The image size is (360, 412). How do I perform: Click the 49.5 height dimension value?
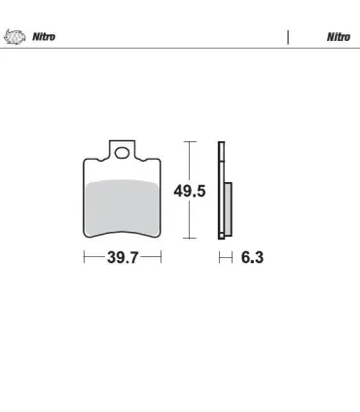tap(190, 191)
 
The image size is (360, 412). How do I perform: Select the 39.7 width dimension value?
tap(123, 258)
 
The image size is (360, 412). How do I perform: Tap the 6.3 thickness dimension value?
tap(252, 258)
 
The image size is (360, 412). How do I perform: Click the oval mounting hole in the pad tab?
tap(122, 153)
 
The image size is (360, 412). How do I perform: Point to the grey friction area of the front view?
tap(122, 207)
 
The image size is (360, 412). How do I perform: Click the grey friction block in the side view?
tap(228, 209)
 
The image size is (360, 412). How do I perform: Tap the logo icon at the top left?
tap(15, 36)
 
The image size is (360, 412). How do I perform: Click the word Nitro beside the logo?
tap(44, 37)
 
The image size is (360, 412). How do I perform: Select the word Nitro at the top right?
tap(339, 37)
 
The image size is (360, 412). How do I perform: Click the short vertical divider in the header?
tap(288, 37)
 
